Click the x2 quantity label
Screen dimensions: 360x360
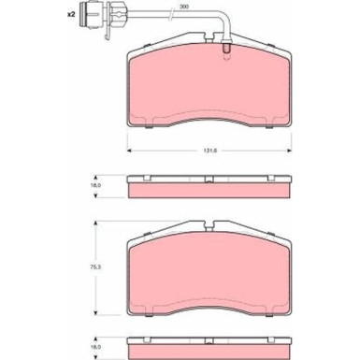(71, 14)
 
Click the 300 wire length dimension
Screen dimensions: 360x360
(184, 7)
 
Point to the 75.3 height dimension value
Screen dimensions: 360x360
(96, 267)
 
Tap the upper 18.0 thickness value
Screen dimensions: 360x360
(96, 185)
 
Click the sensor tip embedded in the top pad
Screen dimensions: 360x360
(227, 49)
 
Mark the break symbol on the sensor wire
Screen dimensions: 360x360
(170, 15)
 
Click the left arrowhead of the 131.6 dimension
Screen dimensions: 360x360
(129, 151)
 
